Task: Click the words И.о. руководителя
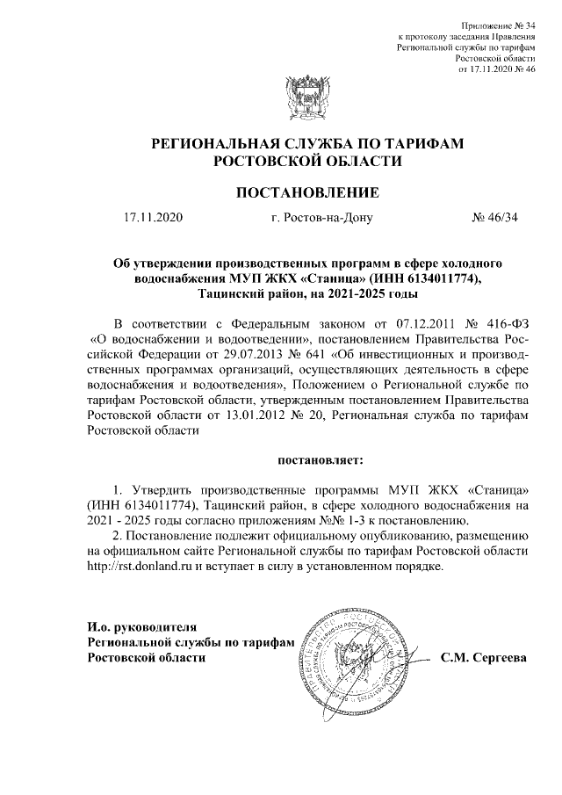click(x=131, y=627)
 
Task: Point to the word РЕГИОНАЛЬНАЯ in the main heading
click(x=215, y=144)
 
